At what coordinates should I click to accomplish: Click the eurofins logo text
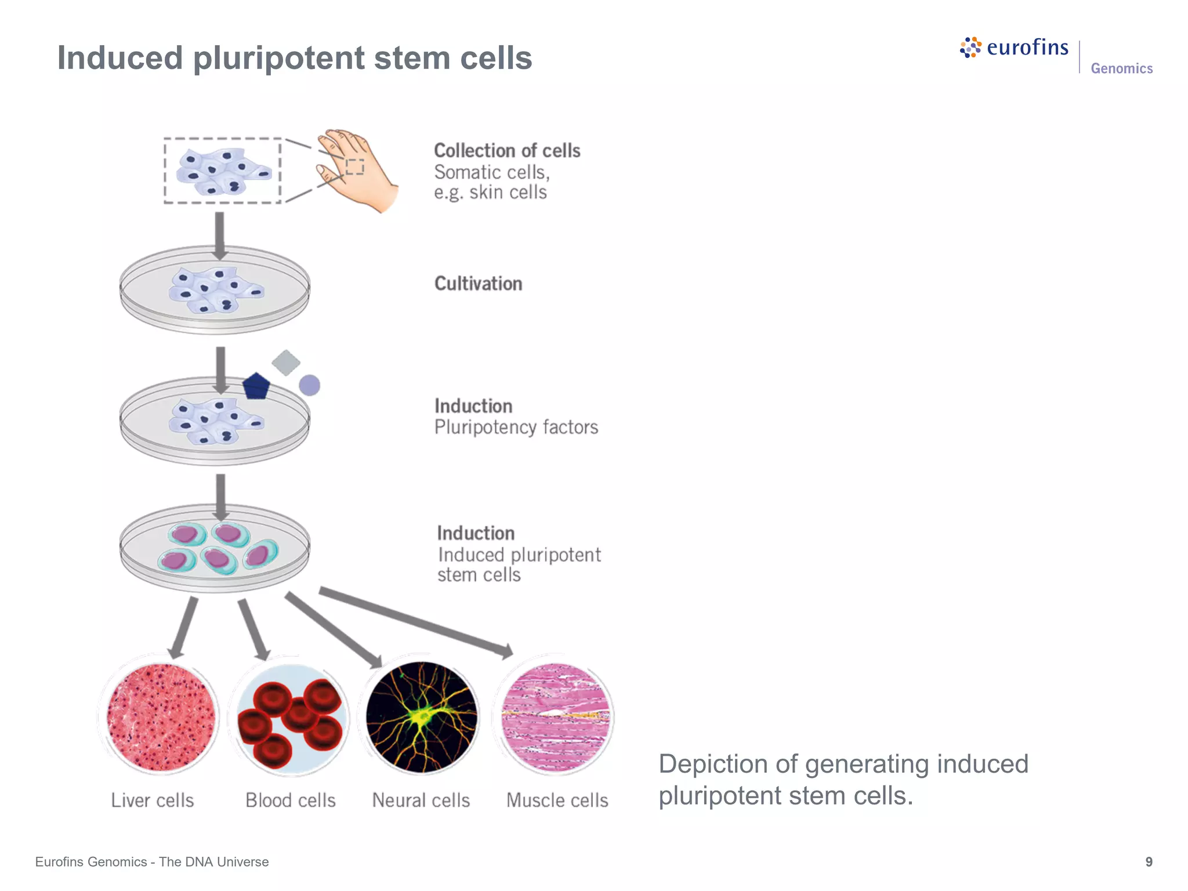(x=1027, y=48)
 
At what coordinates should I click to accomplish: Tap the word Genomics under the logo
(x=1121, y=68)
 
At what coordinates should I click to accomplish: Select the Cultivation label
(x=478, y=284)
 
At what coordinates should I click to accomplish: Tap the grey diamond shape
(x=286, y=363)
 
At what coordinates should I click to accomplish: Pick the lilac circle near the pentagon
(x=310, y=385)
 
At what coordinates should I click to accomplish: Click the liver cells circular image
(x=161, y=718)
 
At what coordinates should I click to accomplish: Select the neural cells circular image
(x=422, y=718)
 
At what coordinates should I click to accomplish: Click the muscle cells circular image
(x=556, y=718)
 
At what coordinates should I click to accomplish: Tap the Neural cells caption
(x=421, y=801)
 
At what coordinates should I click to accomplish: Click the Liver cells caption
(x=152, y=801)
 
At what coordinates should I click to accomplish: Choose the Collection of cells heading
(x=507, y=151)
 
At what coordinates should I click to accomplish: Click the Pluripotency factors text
(x=516, y=428)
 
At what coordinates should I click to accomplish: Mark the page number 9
(x=1149, y=862)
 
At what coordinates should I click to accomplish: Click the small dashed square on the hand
(x=355, y=166)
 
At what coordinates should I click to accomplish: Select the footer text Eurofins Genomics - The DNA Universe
(x=152, y=862)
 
